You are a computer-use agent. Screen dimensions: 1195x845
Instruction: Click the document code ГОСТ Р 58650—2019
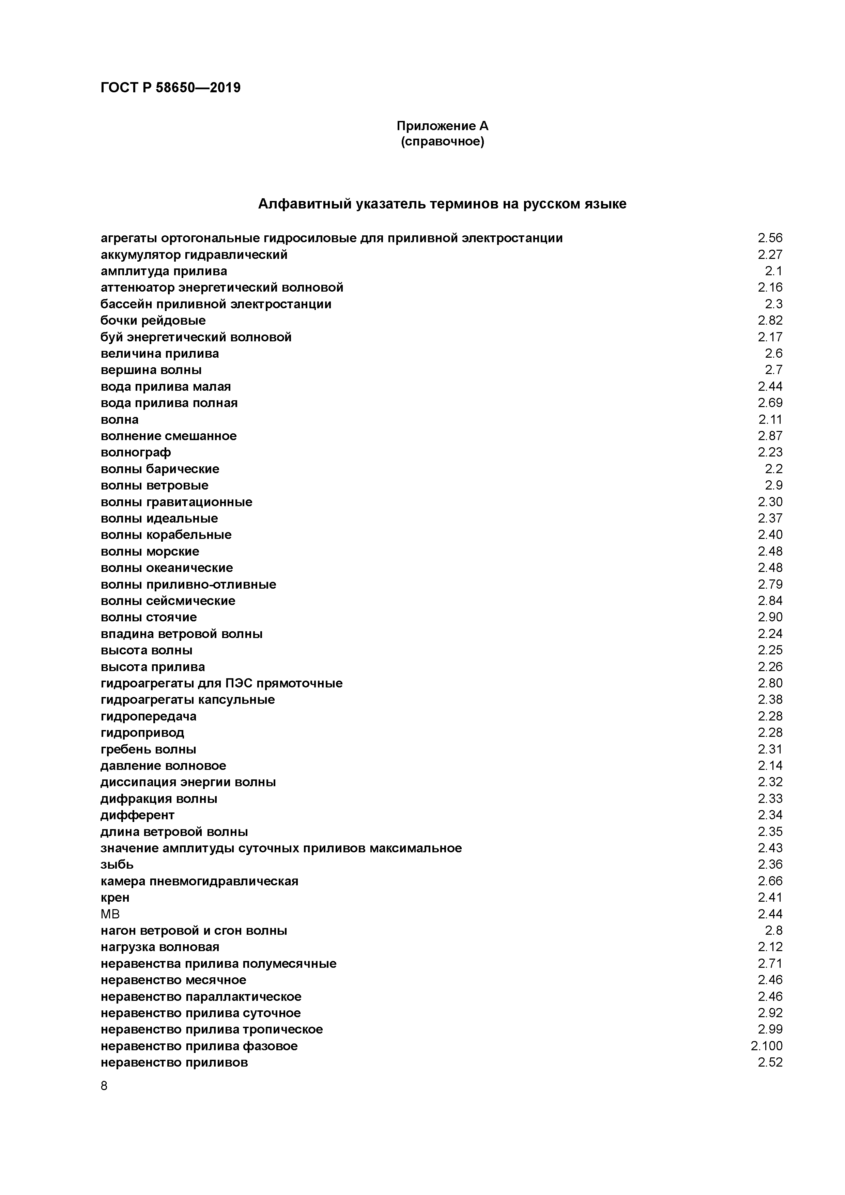coord(170,88)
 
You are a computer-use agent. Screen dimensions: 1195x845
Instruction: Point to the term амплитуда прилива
coord(164,271)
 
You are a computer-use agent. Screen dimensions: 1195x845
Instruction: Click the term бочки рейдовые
coord(153,321)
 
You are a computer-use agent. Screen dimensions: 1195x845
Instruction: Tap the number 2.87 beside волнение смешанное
coord(769,436)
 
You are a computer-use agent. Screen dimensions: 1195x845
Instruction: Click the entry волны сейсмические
coord(168,601)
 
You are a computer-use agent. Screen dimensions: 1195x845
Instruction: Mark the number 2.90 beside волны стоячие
coord(769,617)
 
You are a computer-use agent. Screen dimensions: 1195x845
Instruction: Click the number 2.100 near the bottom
coord(766,1046)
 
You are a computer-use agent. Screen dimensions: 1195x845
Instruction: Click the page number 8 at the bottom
coord(104,1086)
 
